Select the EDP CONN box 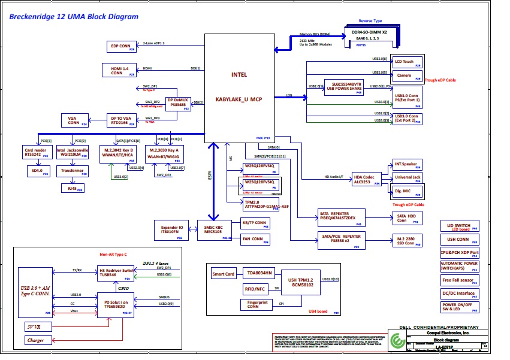[121, 46]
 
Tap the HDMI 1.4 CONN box [120, 71]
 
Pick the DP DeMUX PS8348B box [178, 103]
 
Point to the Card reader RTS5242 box [35, 152]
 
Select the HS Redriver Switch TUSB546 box [116, 274]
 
